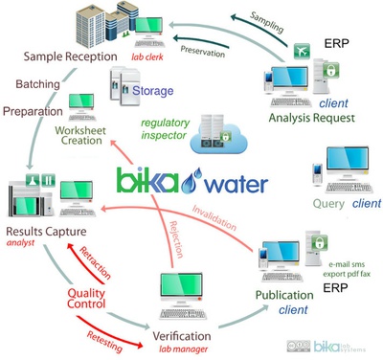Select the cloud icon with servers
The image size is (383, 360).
tap(218, 136)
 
